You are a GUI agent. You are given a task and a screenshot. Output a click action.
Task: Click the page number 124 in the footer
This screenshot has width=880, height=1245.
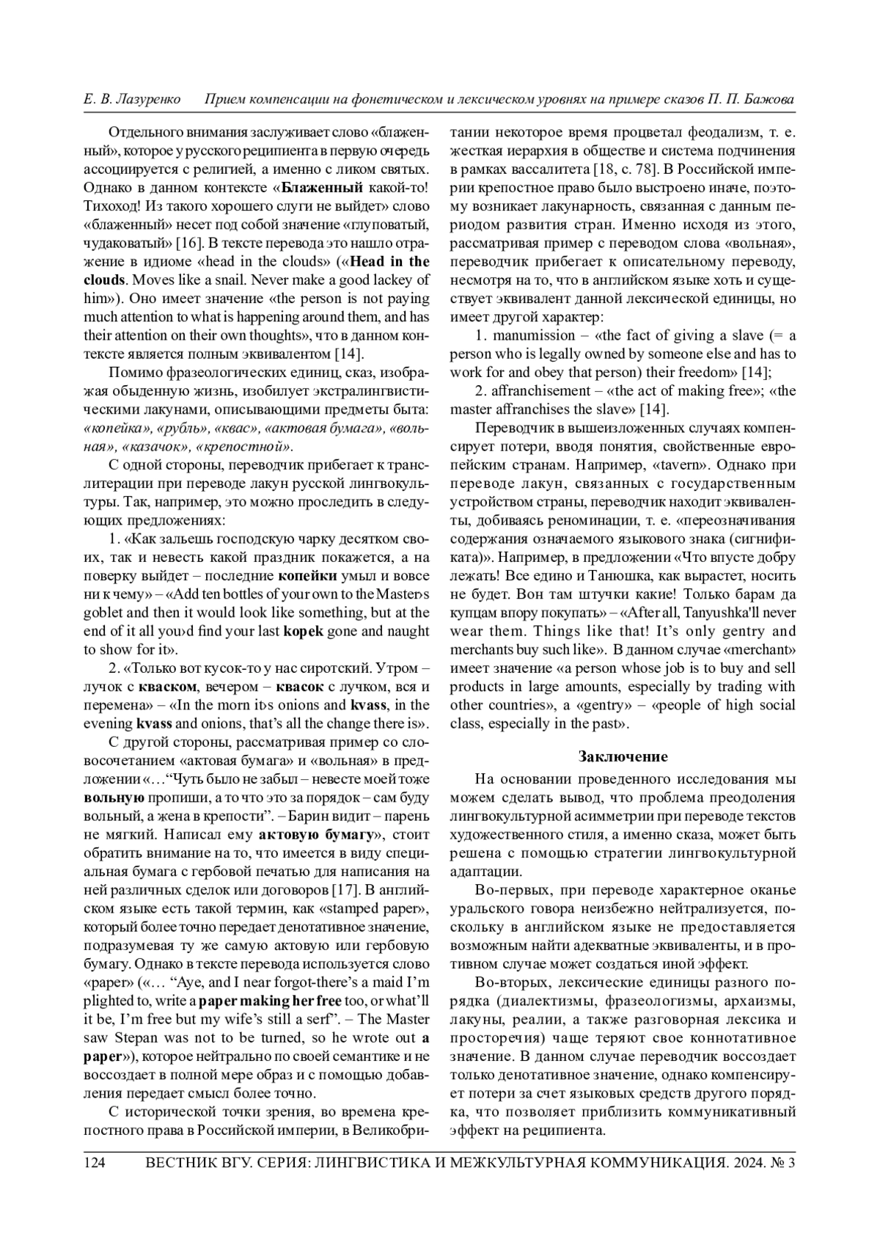(x=96, y=1163)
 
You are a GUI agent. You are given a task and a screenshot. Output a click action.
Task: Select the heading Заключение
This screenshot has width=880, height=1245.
(x=623, y=756)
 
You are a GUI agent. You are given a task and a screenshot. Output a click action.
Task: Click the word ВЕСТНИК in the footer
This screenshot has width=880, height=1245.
(x=180, y=1163)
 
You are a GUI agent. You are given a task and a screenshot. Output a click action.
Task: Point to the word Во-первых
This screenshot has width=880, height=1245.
(x=508, y=891)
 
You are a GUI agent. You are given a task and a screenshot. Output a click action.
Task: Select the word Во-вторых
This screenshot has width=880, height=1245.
(x=510, y=982)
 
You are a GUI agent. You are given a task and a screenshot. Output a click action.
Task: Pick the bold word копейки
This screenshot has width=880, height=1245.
(x=308, y=575)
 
